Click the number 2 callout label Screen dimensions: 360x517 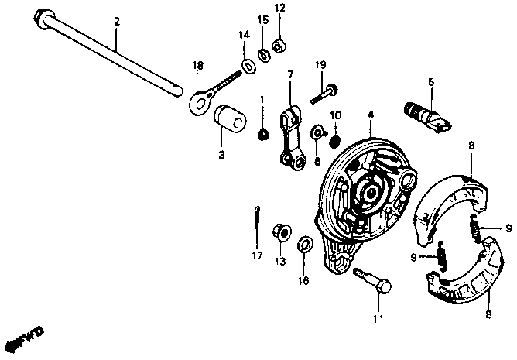point(117,22)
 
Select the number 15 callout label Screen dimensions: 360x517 point(263,19)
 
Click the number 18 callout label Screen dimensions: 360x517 point(197,66)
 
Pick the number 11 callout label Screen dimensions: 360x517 point(378,317)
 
